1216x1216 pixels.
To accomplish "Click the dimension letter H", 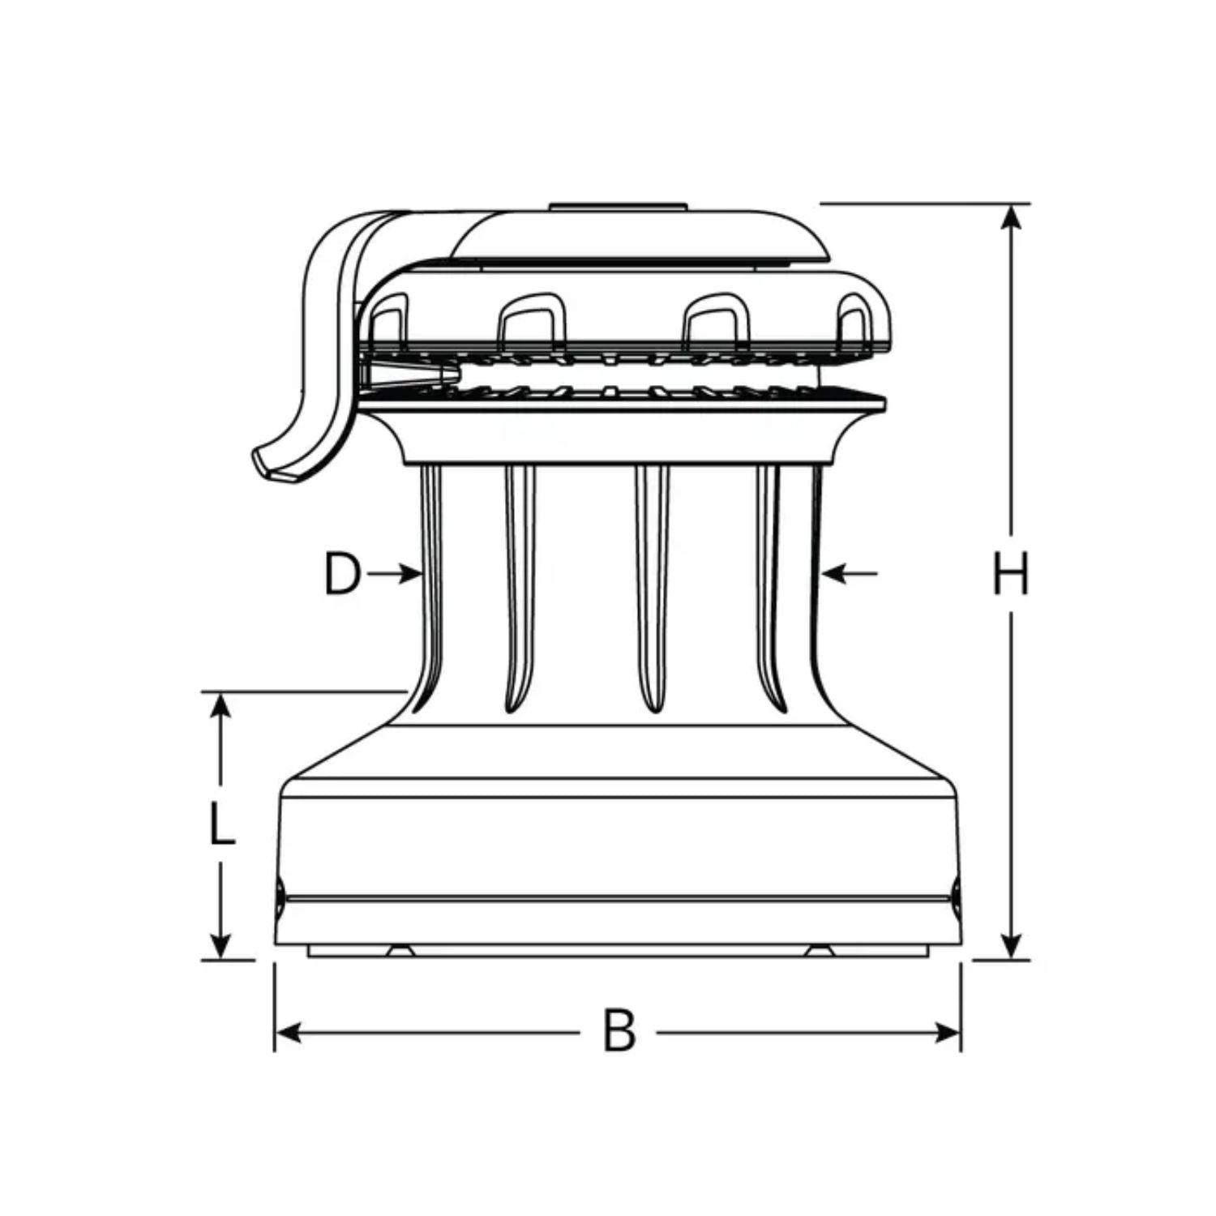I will click(x=1011, y=574).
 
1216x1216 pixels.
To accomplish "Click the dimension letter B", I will click(x=619, y=1031).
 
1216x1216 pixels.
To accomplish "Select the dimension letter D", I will click(x=341, y=574).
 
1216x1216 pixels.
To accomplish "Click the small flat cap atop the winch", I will click(x=618, y=208).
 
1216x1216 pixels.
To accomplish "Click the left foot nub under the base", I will click(x=399, y=950).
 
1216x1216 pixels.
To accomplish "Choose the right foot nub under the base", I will click(x=817, y=950).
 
